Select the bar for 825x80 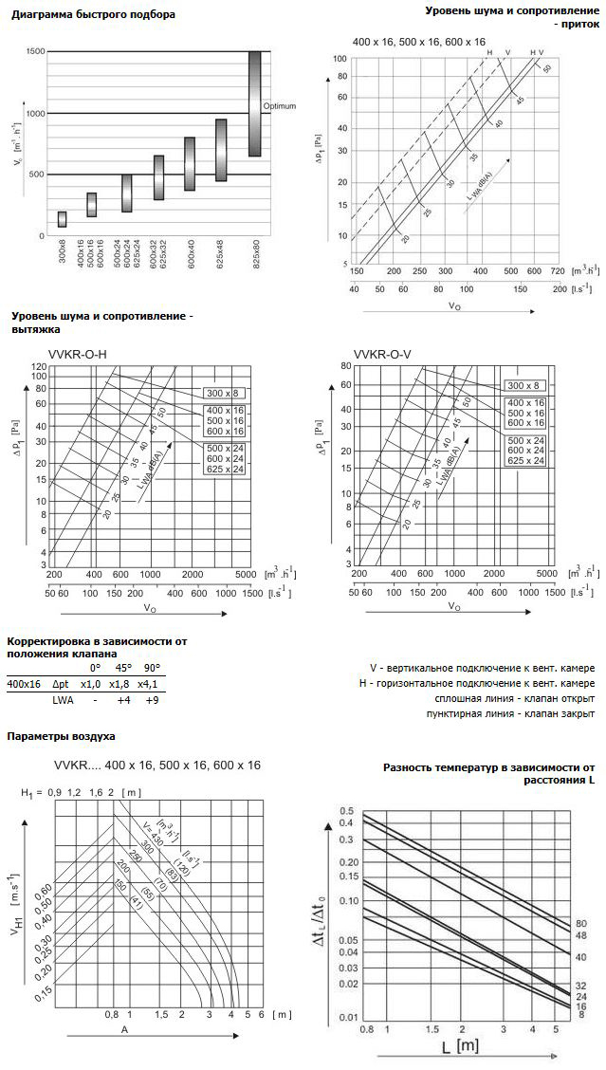[x=254, y=104]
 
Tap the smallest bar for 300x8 [x=62, y=219]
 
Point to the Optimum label [x=279, y=105]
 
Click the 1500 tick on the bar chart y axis [x=34, y=52]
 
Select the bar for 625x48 [x=221, y=150]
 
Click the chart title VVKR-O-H [x=77, y=355]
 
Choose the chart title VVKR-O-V [x=379, y=355]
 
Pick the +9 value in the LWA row [x=150, y=700]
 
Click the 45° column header [x=120, y=667]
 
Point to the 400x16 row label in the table [x=24, y=683]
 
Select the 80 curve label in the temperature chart [x=581, y=923]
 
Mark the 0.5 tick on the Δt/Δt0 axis [x=346, y=784]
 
